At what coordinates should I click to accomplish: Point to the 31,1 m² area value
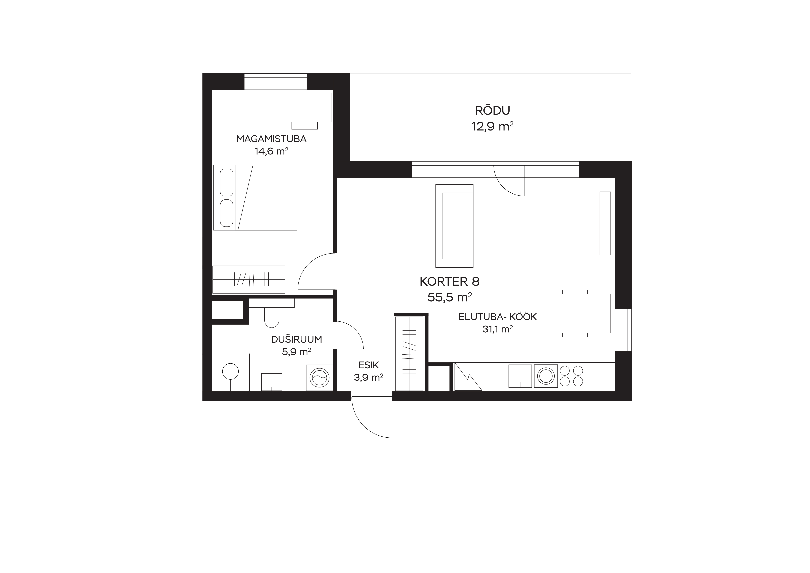tap(497, 329)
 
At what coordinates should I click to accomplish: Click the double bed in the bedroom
tap(255, 198)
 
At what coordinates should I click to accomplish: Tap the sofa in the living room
tap(454, 226)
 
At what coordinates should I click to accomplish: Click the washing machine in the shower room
tap(319, 377)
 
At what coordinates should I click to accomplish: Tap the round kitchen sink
tap(546, 376)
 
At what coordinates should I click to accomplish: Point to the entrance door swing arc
tap(363, 428)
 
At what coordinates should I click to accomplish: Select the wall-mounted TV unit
tap(605, 223)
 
